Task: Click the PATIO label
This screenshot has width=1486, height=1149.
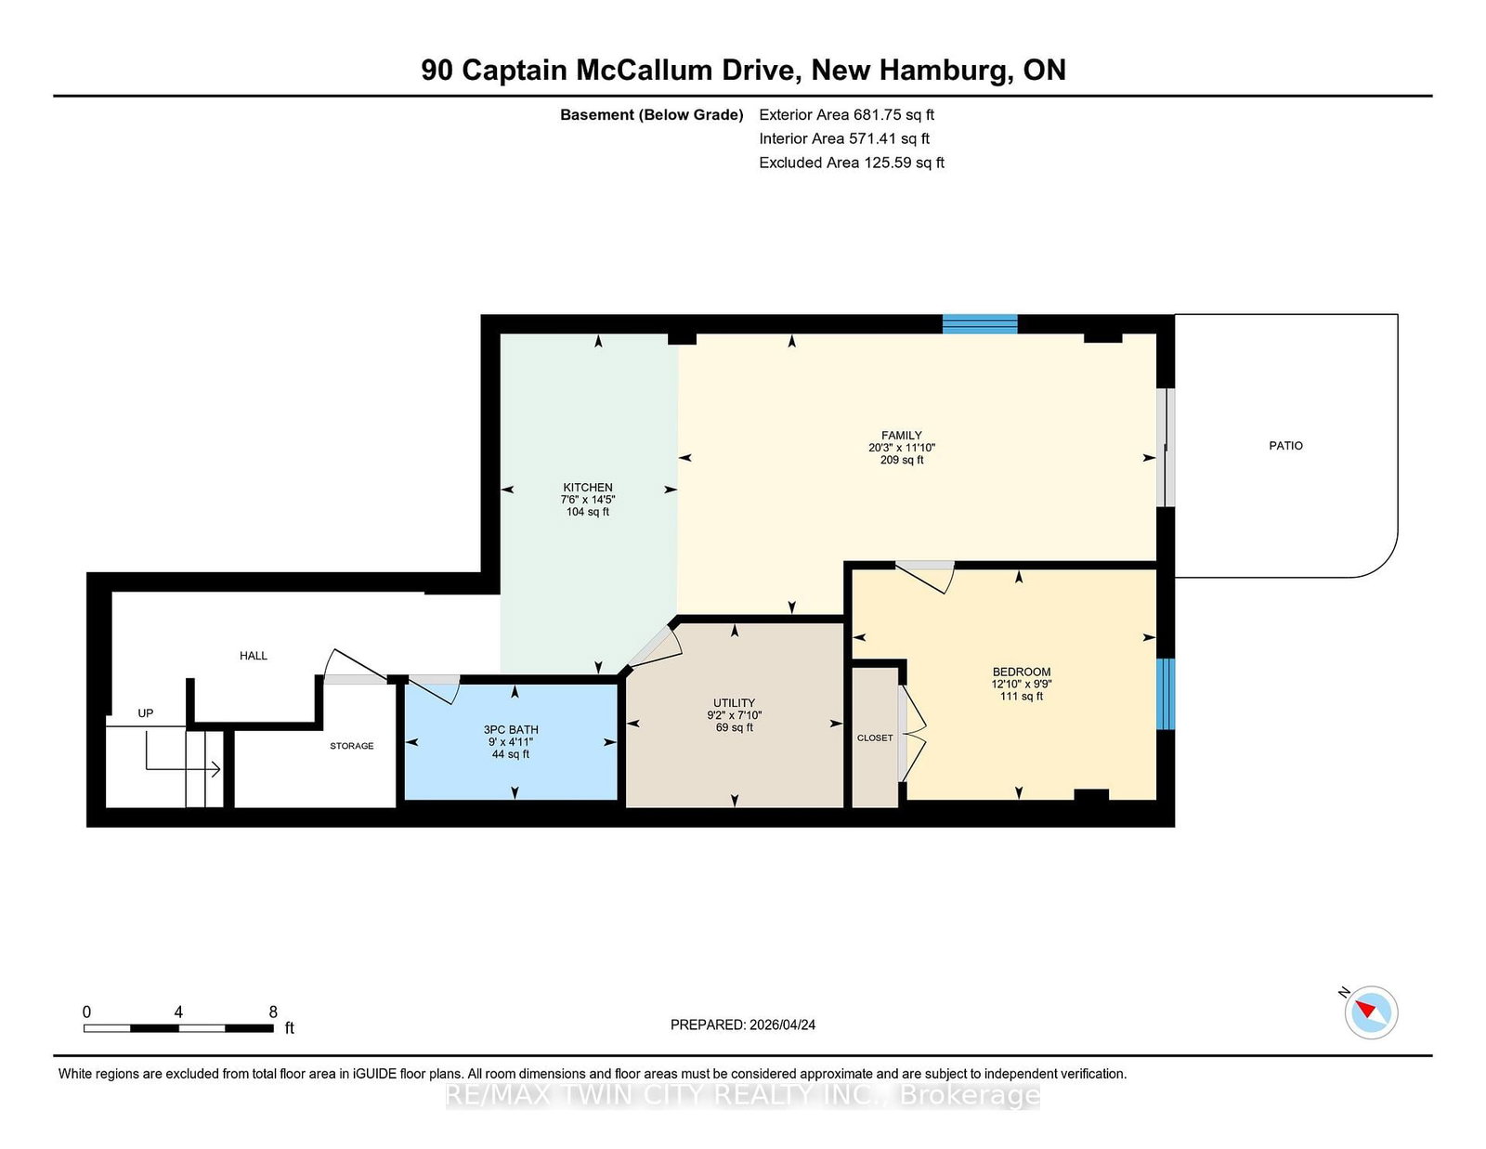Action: coord(1285,445)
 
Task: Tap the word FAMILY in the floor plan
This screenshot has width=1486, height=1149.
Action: coord(901,435)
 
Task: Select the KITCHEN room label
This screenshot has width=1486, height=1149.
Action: coord(587,487)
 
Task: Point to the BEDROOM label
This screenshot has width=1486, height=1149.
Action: coord(1021,672)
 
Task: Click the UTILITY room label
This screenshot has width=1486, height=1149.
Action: coord(734,702)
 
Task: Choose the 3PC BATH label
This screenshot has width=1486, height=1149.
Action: coord(511,730)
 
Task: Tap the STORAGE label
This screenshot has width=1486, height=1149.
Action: coord(351,746)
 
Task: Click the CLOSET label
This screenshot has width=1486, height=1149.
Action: coord(875,738)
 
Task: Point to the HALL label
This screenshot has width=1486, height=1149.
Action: coord(253,655)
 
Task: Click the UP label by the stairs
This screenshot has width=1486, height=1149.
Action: coord(145,712)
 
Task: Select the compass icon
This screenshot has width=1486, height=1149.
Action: coord(1370,1012)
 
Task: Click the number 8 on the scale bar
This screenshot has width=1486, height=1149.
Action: coord(273,1012)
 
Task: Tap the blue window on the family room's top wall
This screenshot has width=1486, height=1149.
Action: coord(979,323)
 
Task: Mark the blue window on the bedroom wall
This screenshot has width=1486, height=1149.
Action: coord(1166,694)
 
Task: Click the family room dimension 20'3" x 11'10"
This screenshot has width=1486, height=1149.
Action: coord(901,448)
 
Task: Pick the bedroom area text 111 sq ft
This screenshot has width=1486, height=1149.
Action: coord(1021,697)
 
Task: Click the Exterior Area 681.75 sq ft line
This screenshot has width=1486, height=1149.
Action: coord(846,115)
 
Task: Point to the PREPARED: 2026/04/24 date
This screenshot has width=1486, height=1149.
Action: coord(743,1025)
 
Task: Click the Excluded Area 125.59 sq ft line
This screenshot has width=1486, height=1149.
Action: coord(852,163)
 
